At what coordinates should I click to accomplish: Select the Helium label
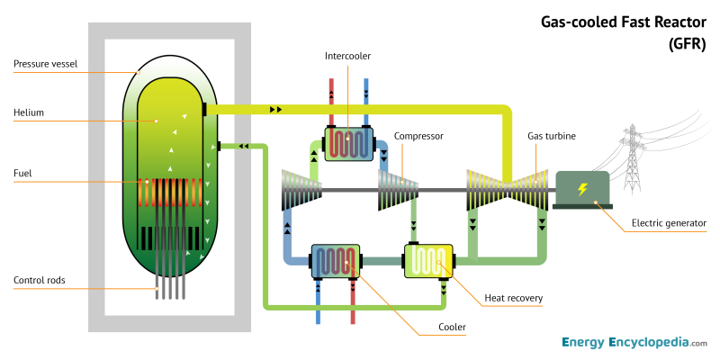[29, 112]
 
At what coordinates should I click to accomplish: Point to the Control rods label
[40, 280]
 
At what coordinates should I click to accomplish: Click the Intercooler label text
[347, 56]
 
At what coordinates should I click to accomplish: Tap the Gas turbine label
[551, 136]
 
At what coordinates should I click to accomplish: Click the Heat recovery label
[513, 298]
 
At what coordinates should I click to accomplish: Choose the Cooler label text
[451, 328]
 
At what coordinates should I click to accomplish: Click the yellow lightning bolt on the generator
[582, 189]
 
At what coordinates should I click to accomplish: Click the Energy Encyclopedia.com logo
[634, 343]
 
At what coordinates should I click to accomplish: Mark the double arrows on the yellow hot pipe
[275, 109]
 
